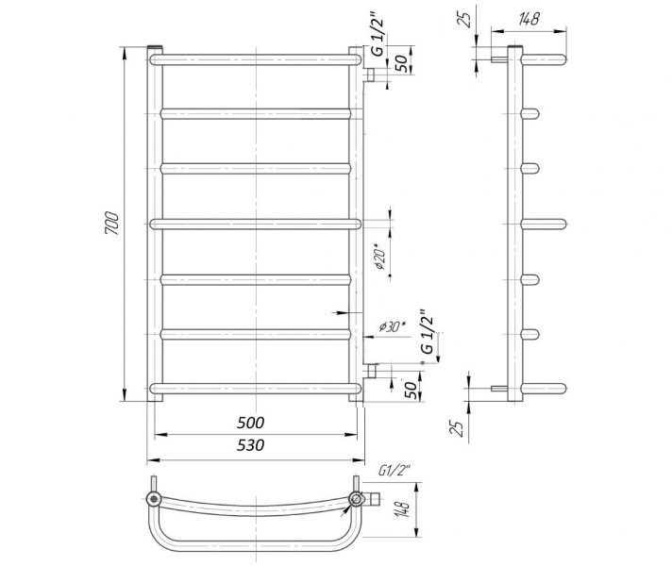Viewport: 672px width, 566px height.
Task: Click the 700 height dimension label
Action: [112, 224]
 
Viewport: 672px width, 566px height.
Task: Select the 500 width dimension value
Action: [251, 423]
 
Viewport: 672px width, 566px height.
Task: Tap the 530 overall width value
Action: [251, 445]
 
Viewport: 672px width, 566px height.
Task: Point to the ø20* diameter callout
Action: [380, 257]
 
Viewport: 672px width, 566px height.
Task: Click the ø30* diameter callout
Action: [392, 327]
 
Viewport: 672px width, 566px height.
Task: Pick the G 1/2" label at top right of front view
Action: [378, 37]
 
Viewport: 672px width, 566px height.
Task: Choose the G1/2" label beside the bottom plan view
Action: [395, 472]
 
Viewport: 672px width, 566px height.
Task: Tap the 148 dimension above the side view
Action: [529, 19]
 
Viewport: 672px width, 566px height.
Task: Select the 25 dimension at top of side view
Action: [466, 18]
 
